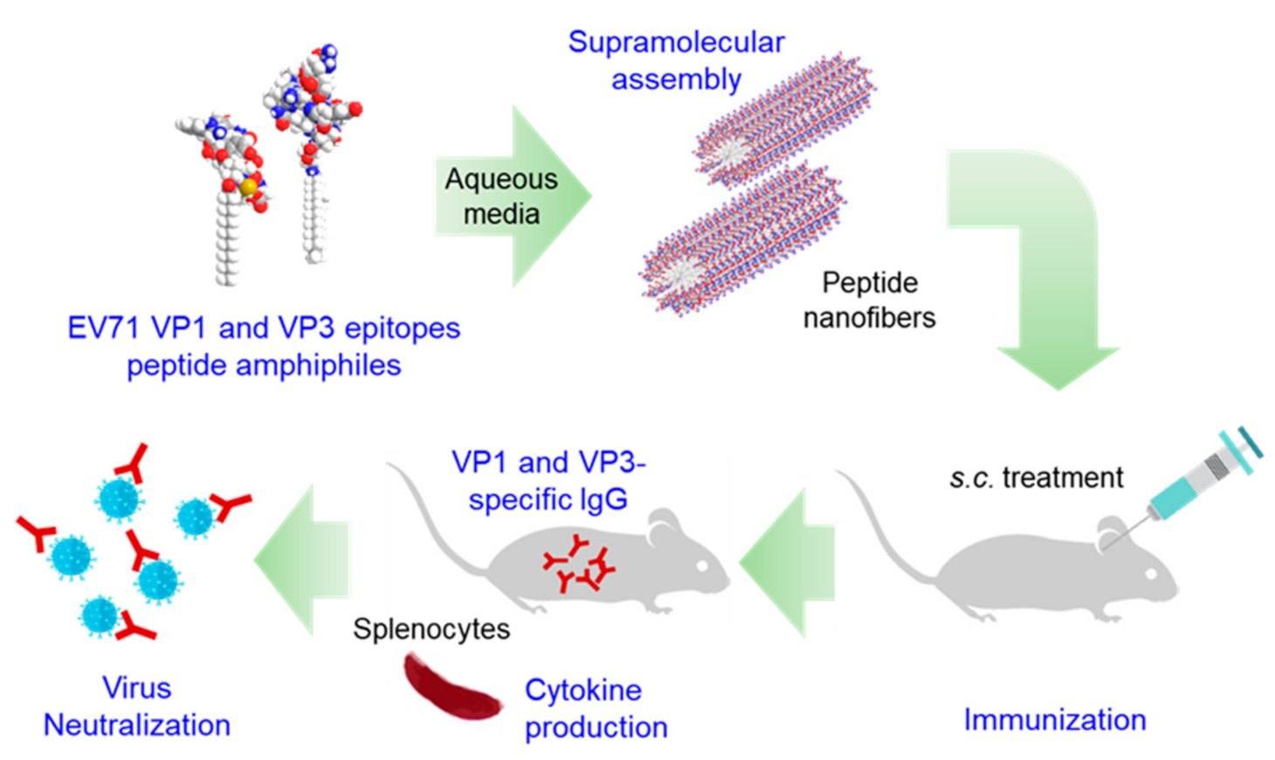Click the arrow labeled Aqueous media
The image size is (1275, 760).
[x=511, y=197]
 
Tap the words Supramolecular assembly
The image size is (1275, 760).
[x=676, y=60]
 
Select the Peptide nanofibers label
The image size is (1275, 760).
[x=869, y=300]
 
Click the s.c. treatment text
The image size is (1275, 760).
[x=1036, y=478]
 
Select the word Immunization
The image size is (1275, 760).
[x=1054, y=720]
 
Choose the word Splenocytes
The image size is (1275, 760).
[x=431, y=629]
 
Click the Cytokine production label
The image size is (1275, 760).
[x=596, y=708]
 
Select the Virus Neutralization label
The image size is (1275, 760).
[x=137, y=706]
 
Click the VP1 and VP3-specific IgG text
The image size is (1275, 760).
[x=548, y=480]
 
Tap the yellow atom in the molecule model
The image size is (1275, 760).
[x=249, y=186]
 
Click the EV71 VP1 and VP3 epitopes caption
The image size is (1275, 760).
[x=264, y=346]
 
